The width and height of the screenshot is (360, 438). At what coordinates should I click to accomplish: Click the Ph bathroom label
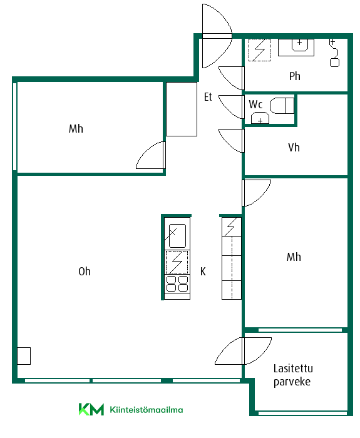(295, 76)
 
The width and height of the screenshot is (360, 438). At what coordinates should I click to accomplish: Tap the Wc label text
(255, 104)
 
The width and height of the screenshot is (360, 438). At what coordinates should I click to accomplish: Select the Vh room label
(294, 148)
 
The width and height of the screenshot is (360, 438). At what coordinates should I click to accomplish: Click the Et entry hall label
(208, 97)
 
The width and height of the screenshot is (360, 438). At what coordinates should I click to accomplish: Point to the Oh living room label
(85, 271)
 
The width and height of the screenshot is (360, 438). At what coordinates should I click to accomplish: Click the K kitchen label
(203, 271)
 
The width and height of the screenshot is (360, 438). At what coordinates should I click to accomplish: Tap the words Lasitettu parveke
(293, 375)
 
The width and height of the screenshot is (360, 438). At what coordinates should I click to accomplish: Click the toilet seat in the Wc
(282, 106)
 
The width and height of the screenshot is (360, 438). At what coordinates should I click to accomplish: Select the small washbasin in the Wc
(260, 118)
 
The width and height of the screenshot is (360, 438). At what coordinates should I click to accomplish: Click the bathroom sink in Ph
(300, 45)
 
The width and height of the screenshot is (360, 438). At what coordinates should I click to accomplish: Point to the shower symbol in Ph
(334, 53)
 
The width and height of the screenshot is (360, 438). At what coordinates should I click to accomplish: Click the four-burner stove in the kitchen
(177, 283)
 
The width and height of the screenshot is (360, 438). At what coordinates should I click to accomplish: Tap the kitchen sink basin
(177, 236)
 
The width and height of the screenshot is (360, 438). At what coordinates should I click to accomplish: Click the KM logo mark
(91, 409)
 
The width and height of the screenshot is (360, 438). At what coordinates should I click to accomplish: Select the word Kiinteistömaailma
(147, 410)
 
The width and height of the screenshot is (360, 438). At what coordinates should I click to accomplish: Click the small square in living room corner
(24, 356)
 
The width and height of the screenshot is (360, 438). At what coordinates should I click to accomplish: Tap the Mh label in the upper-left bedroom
(76, 129)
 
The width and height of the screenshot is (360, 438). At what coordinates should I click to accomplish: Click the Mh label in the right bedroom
(294, 257)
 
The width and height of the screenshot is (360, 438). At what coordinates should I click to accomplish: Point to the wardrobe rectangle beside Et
(182, 109)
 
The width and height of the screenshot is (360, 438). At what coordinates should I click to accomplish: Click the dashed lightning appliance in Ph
(260, 50)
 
